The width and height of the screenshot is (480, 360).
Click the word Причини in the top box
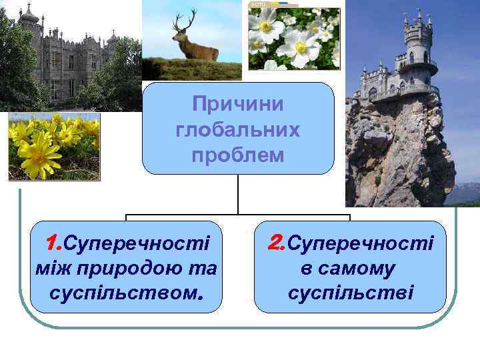(237, 104)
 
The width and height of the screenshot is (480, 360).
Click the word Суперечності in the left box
(137, 243)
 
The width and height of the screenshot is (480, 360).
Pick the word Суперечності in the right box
(361, 243)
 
